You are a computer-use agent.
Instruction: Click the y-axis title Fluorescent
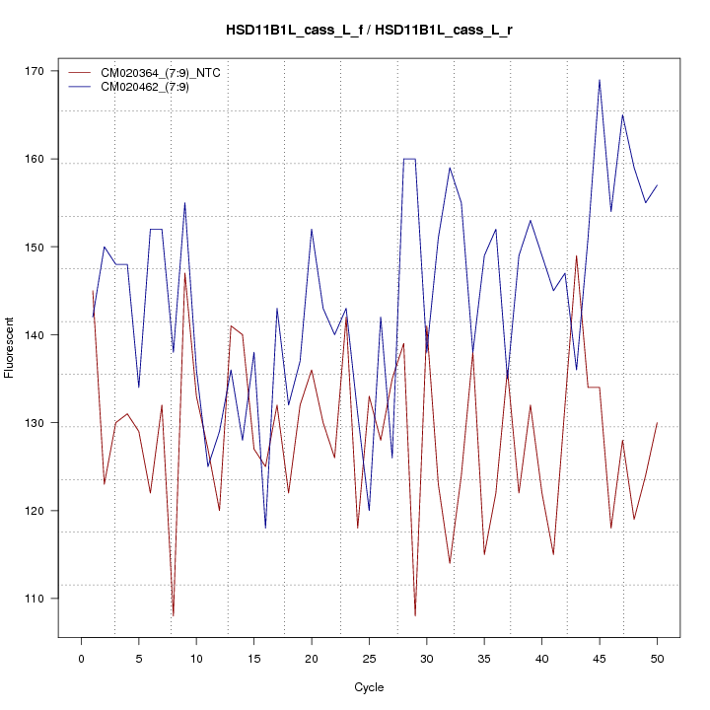click(x=10, y=347)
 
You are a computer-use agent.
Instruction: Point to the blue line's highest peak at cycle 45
click(x=600, y=80)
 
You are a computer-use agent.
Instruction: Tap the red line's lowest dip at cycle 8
click(x=174, y=615)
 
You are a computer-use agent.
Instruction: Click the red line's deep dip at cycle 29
click(x=415, y=615)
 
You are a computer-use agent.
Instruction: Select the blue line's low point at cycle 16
click(x=265, y=528)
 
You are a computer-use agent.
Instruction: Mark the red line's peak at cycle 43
click(x=576, y=256)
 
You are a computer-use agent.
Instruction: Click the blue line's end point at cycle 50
click(x=657, y=185)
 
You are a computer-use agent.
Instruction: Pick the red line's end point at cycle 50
click(x=657, y=423)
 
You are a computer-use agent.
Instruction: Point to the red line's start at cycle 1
click(x=93, y=291)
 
